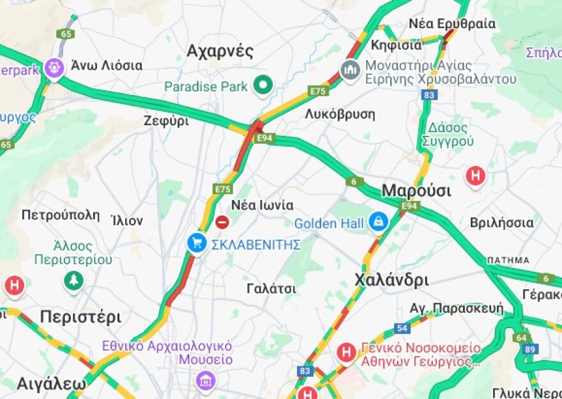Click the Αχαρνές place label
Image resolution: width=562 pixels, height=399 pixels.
(x=220, y=51)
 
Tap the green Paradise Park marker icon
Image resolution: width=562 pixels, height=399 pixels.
(x=262, y=85)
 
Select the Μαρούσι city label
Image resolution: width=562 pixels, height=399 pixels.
(x=416, y=190)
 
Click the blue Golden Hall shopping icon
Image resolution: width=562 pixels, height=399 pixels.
(x=378, y=222)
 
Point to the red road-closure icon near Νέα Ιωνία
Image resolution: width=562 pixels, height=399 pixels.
(x=222, y=222)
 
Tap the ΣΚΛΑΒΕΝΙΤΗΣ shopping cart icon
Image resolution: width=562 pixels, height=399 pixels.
(x=197, y=243)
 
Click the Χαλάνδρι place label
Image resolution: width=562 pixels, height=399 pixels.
(x=391, y=280)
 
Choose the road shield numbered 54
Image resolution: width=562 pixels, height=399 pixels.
(x=402, y=328)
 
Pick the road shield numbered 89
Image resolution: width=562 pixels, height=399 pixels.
(x=529, y=349)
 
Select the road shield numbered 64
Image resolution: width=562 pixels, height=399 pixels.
(x=520, y=337)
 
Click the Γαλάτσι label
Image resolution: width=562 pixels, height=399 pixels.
(x=271, y=289)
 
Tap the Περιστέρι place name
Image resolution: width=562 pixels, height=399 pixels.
(x=80, y=317)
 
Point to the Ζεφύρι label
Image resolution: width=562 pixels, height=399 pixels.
(x=166, y=121)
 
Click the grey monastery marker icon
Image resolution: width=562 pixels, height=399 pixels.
(x=350, y=69)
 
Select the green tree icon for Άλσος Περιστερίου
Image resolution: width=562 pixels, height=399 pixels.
(x=74, y=280)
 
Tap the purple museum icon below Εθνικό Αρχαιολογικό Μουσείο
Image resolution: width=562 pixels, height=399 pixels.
(x=206, y=381)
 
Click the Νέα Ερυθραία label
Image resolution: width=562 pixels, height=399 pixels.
(x=452, y=24)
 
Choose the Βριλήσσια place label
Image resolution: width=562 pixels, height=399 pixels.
(x=501, y=223)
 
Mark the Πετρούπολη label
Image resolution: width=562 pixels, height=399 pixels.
(x=61, y=215)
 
